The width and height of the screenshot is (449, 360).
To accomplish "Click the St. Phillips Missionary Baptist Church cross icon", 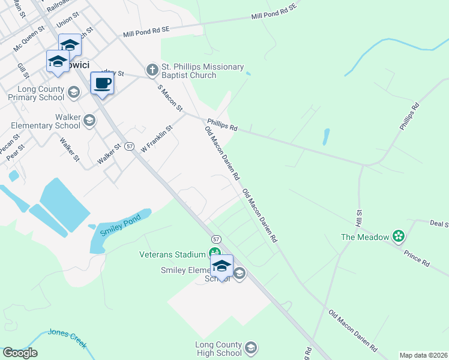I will pyautogui.click(x=151, y=71).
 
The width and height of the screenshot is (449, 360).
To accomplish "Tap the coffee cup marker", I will pyautogui.click(x=102, y=83).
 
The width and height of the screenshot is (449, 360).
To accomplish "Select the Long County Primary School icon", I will pyautogui.click(x=74, y=92).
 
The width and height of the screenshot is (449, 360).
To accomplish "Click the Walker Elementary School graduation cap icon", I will pyautogui.click(x=89, y=121).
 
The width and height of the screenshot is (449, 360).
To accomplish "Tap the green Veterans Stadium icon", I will pyautogui.click(x=214, y=254).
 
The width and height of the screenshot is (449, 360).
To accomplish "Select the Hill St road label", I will pyautogui.click(x=360, y=217).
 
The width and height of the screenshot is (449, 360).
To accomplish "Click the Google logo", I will pyautogui.click(x=20, y=353).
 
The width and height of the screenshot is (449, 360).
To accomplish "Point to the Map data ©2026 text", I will pyautogui.click(x=423, y=355).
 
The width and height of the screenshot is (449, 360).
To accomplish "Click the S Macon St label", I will pyautogui.click(x=170, y=97).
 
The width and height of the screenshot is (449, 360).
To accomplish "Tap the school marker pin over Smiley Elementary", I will pyautogui.click(x=221, y=266).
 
